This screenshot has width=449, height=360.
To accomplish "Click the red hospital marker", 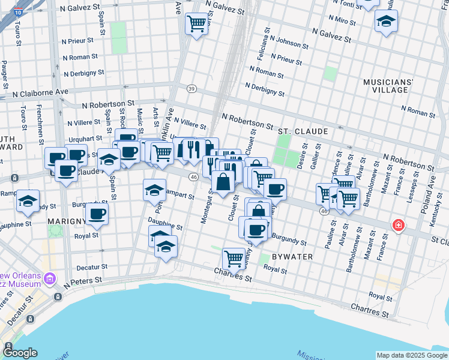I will click(397, 225).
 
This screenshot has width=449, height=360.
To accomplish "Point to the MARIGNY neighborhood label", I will click(67, 221).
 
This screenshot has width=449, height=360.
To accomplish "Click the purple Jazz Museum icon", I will click(50, 278).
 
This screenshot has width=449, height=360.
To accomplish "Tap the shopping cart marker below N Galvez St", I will click(196, 24).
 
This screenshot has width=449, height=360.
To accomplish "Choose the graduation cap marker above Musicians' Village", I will click(385, 22).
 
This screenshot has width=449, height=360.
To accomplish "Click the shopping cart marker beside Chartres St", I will click(234, 259).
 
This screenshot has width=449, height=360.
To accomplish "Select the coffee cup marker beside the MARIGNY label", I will click(97, 214).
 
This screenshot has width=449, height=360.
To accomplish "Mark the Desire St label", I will click(306, 155).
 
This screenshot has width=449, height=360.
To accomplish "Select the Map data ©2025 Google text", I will click(411, 355).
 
